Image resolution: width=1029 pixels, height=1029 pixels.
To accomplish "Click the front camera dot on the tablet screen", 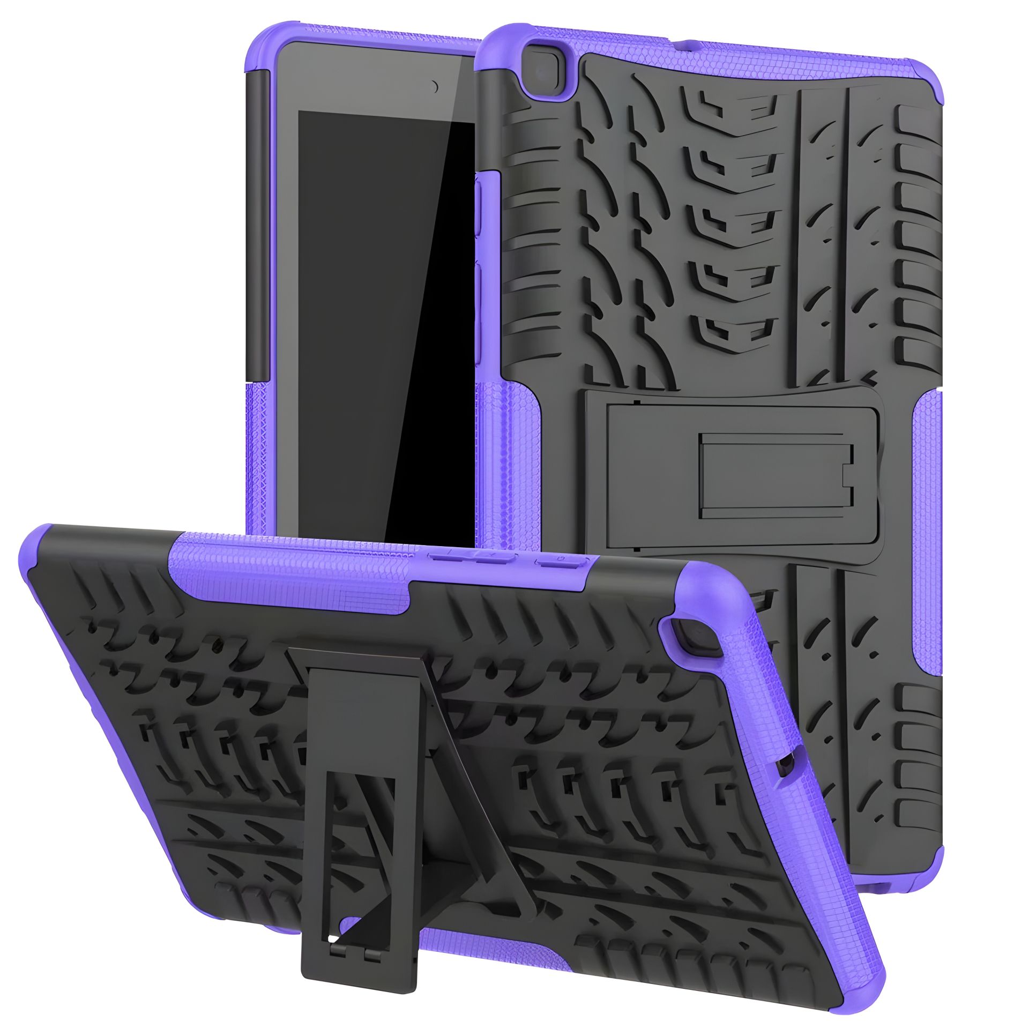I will click(x=435, y=86).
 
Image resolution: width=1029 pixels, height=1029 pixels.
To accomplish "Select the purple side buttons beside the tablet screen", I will click(x=479, y=241).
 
